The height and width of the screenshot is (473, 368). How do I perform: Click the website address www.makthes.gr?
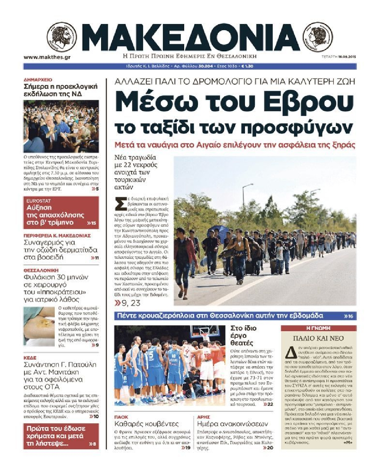click(x=47, y=57)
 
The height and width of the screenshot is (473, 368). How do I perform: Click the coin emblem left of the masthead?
click(x=62, y=37)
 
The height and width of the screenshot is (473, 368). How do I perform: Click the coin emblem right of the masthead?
click(x=318, y=37)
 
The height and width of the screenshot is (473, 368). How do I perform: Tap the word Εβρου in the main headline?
click(x=308, y=101)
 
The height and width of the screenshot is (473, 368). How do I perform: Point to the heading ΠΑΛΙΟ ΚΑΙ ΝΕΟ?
click(x=318, y=338)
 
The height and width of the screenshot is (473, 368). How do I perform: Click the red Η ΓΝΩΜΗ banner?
click(x=318, y=328)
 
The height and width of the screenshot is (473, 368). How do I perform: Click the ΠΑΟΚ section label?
click(x=121, y=417)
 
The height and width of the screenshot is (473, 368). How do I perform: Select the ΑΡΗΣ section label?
click(x=204, y=417)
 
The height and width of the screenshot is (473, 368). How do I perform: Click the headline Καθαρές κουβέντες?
click(x=146, y=424)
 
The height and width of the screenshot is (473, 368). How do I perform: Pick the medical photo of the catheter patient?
click(x=39, y=326)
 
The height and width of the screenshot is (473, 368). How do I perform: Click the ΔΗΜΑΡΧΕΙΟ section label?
click(x=38, y=80)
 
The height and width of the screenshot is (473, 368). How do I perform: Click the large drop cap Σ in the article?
click(x=120, y=204)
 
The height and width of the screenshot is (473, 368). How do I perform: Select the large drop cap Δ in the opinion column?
click(x=290, y=352)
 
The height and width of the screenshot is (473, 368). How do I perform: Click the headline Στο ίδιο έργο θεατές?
click(x=244, y=335)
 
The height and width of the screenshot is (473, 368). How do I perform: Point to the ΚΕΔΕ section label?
click(x=30, y=358)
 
